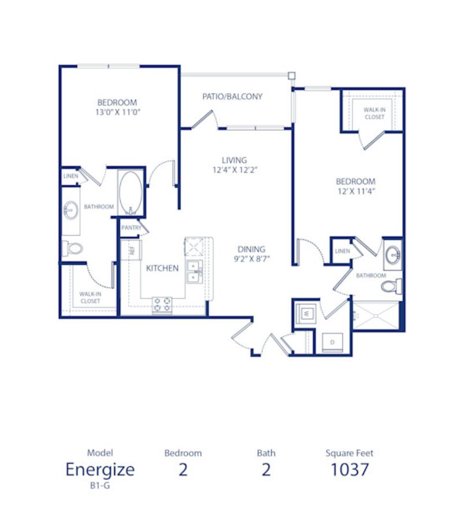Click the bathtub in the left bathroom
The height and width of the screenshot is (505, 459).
tap(130, 192)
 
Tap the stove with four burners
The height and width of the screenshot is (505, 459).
tap(162, 305)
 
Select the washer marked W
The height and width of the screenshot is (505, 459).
tap(306, 313)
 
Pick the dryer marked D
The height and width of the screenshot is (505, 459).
tap(332, 343)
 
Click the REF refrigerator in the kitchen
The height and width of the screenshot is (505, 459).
tap(131, 250)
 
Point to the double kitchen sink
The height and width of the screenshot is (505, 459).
tap(194, 272)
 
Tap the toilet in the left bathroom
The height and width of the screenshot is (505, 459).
tap(72, 248)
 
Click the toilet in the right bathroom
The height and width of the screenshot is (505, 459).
tap(391, 285)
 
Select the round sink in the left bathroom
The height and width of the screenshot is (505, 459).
tap(71, 210)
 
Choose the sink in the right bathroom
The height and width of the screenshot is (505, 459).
tap(393, 255)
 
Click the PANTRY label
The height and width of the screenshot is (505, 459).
tap(131, 228)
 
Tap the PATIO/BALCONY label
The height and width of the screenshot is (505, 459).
tap(232, 96)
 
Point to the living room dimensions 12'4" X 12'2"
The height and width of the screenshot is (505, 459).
tap(235, 170)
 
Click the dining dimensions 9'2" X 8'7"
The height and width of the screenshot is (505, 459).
tap(251, 259)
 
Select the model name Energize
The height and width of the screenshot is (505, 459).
tap(100, 469)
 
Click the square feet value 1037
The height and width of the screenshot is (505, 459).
tap(350, 469)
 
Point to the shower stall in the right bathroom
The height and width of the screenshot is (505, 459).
tap(376, 315)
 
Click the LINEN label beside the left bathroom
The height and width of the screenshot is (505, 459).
tap(71, 176)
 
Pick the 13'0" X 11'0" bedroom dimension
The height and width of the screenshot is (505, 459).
tap(118, 112)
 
